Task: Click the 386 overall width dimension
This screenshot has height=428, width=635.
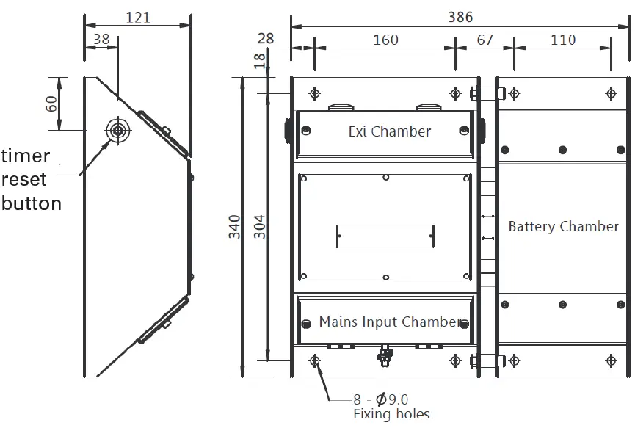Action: (x=460, y=16)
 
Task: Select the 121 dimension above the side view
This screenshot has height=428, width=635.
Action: (x=137, y=16)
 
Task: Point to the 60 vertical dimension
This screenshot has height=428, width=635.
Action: (x=51, y=104)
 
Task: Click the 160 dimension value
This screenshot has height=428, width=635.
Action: (x=385, y=39)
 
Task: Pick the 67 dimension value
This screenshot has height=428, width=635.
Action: (x=485, y=39)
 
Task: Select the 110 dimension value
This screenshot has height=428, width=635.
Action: (x=563, y=39)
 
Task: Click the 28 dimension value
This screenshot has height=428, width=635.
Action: (x=266, y=39)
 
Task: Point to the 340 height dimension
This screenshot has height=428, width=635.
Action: (x=234, y=227)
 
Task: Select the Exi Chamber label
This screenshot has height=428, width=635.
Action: (x=389, y=131)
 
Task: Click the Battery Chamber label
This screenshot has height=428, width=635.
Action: (x=563, y=226)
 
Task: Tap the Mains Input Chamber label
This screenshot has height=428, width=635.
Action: (x=390, y=322)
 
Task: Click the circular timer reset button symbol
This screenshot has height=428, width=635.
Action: (x=117, y=131)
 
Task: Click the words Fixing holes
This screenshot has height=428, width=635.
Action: (x=393, y=414)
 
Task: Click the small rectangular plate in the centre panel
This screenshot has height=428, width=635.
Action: (x=385, y=236)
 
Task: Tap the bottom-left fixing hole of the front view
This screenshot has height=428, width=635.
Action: (x=315, y=360)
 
